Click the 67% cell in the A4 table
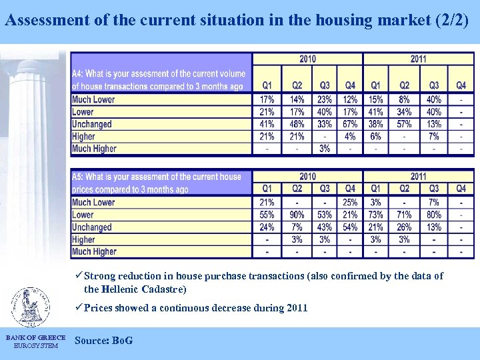[350, 124]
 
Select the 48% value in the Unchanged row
[297, 124]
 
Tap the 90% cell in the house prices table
[297, 215]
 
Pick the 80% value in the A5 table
[434, 215]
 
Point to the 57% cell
[404, 124]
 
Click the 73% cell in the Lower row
[375, 215]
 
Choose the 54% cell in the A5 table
[350, 227]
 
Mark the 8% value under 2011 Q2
[404, 99]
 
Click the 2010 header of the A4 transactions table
[307, 59]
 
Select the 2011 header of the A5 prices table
[418, 177]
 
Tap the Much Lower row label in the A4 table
[93, 99]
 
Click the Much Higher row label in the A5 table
[94, 252]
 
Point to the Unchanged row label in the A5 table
[92, 227]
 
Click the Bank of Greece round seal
[30, 307]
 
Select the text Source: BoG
[104, 341]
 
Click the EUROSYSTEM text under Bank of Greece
[35, 345]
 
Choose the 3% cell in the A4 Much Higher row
[324, 149]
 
